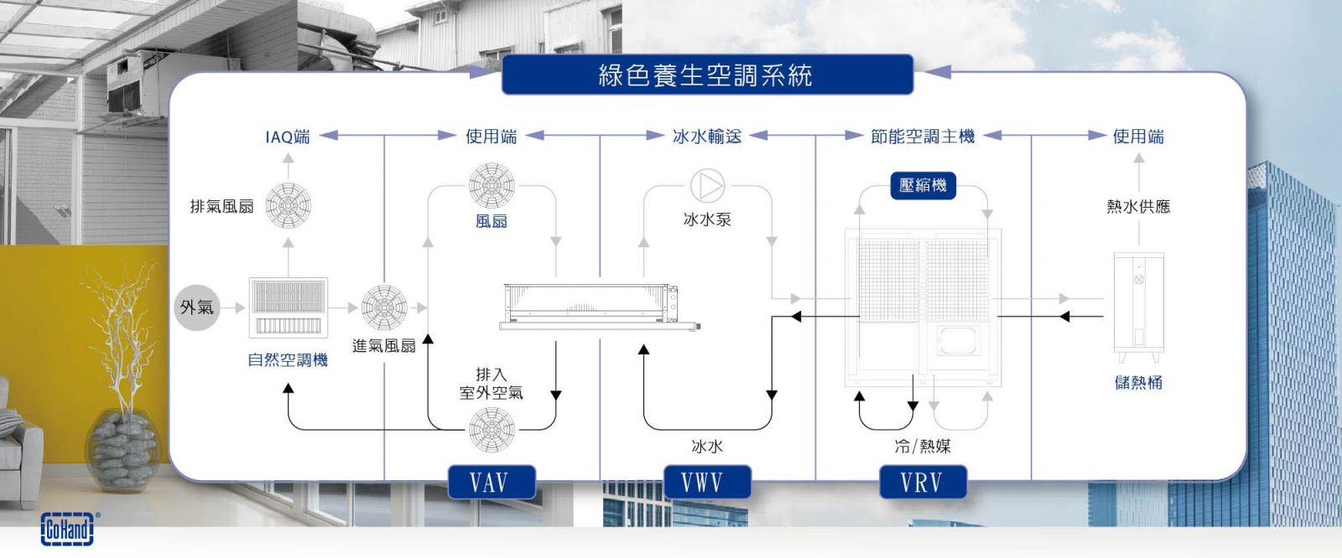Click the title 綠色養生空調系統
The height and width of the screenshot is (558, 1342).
click(706, 75)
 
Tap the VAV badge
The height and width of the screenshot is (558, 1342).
click(491, 483)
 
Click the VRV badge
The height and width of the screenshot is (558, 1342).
click(922, 483)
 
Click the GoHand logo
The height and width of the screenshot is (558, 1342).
click(68, 529)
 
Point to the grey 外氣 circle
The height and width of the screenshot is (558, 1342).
click(197, 307)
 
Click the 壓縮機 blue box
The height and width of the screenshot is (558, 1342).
click(923, 185)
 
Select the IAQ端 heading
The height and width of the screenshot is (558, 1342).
click(287, 137)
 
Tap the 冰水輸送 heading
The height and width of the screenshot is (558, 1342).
click(707, 137)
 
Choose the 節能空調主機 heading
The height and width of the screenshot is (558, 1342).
click(923, 137)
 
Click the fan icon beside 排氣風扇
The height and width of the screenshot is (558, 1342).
click(288, 205)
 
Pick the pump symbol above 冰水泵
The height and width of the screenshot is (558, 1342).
click(707, 186)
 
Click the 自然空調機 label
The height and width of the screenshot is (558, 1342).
click(288, 360)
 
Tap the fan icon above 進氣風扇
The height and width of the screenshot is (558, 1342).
click(384, 307)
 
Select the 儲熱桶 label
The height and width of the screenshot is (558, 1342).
click(1138, 382)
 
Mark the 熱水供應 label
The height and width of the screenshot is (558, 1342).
click(1138, 206)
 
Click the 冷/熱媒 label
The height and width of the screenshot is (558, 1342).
click(923, 447)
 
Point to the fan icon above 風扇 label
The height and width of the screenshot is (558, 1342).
click(492, 186)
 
